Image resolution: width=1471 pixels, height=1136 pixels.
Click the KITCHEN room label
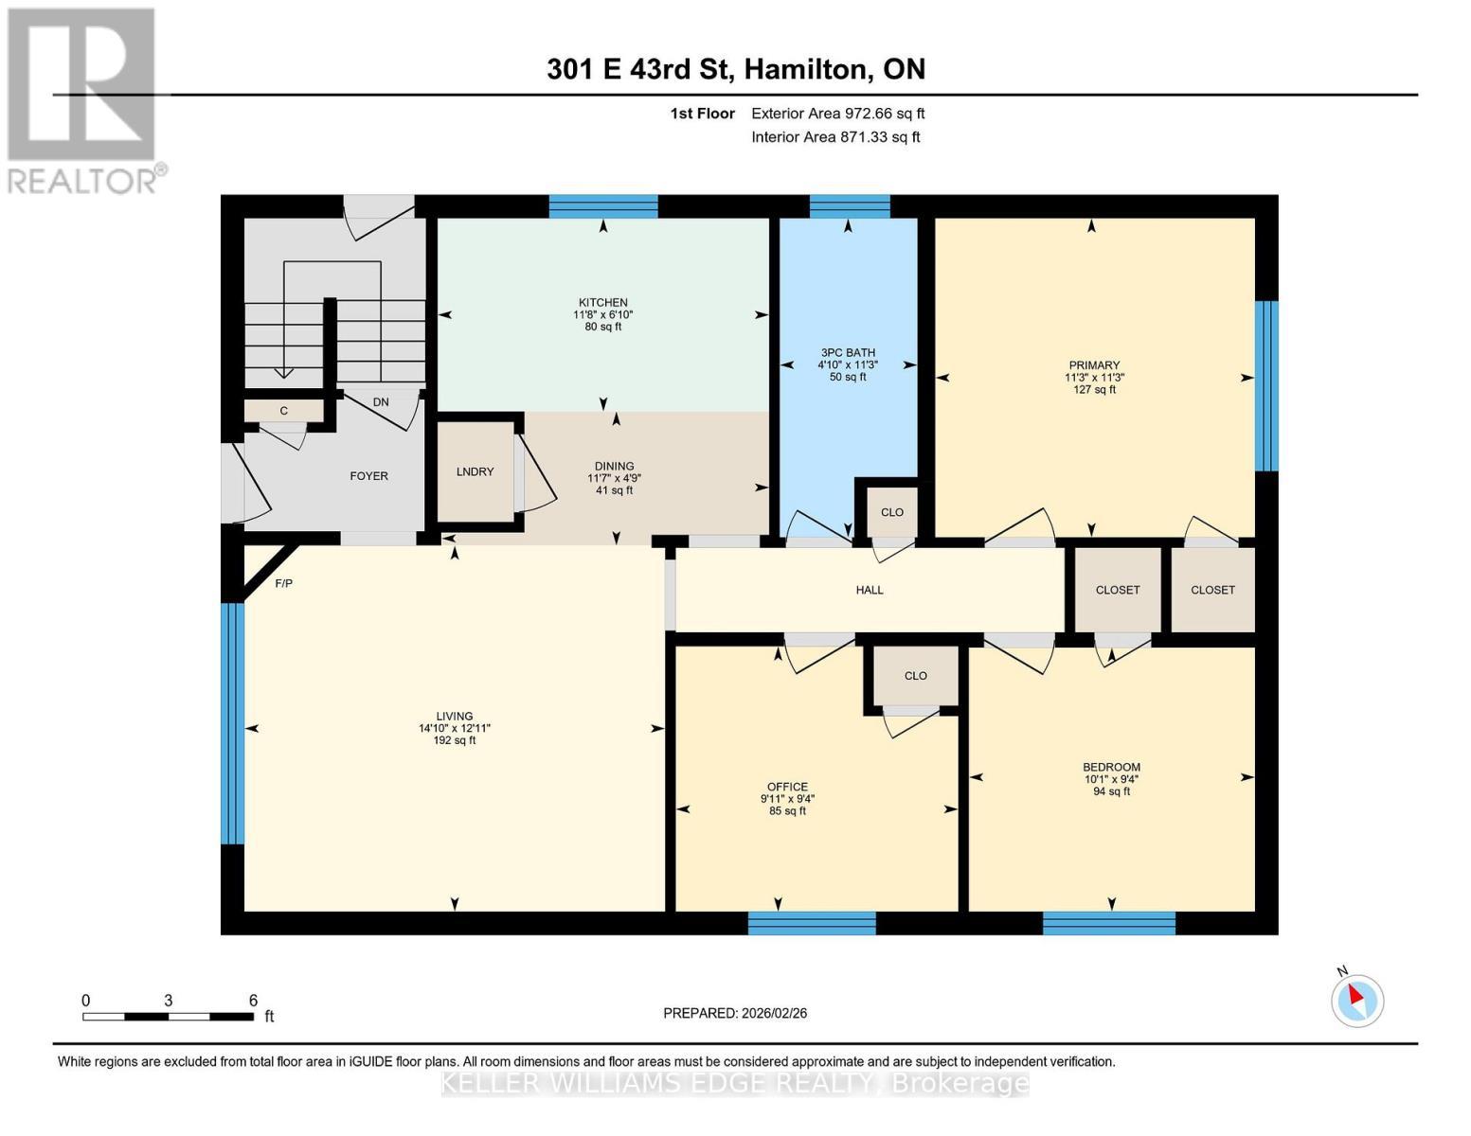(603, 303)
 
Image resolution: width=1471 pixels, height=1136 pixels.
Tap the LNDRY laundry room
(475, 471)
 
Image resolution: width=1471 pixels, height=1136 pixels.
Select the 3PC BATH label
(847, 352)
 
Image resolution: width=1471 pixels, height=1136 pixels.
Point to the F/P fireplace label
(283, 583)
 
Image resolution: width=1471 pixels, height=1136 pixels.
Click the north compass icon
(1356, 1000)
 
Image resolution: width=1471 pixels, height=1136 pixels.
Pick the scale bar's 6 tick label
(253, 1001)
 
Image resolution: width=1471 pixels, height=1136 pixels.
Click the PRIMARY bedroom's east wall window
(1266, 385)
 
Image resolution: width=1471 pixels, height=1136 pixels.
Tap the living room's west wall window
(232, 723)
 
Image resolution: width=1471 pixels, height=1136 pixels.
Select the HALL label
(869, 590)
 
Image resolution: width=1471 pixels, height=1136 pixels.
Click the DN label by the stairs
(381, 402)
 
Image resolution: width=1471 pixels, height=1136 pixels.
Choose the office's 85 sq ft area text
(787, 811)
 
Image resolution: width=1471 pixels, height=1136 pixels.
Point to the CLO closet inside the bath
(891, 512)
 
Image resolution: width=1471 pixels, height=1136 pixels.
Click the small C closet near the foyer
(283, 411)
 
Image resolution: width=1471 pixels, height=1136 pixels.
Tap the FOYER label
(368, 476)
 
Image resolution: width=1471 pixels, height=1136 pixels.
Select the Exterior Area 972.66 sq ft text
(837, 114)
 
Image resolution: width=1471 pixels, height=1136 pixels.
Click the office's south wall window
(811, 923)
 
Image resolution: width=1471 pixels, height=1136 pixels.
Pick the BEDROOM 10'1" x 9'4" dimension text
(1111, 779)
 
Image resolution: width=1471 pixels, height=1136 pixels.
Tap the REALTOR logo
(82, 99)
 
